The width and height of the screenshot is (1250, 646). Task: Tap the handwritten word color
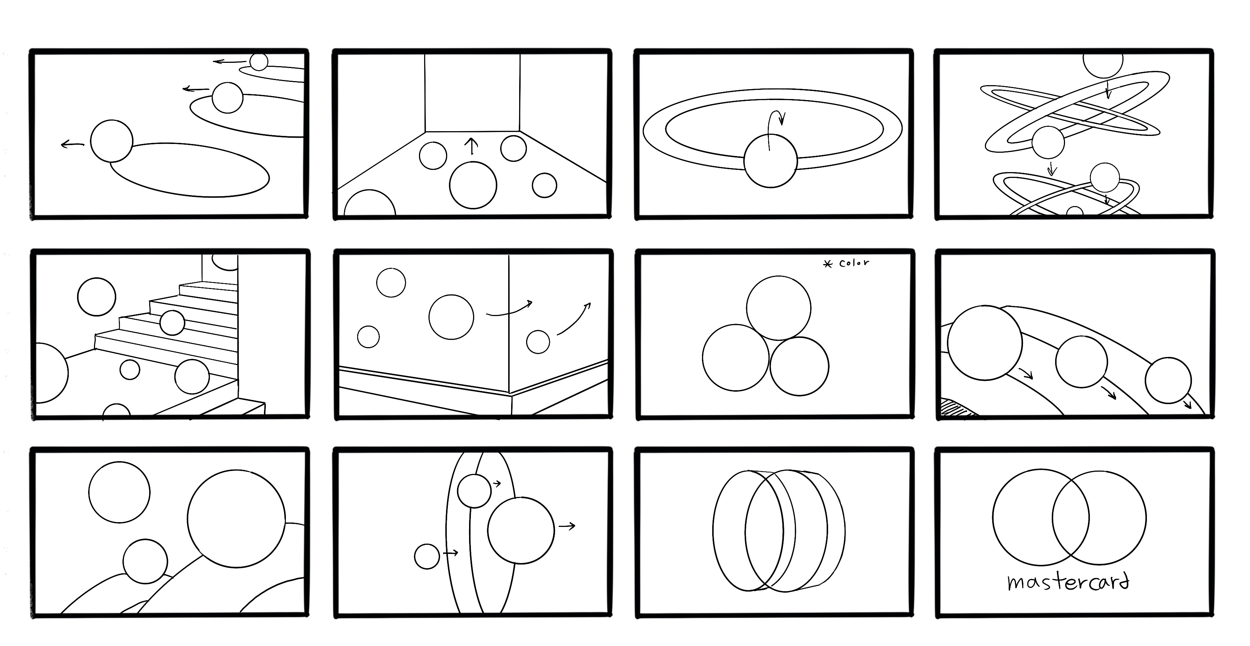[854, 263]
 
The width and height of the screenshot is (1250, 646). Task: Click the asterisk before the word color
[827, 264]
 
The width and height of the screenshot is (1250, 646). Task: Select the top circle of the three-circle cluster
[778, 308]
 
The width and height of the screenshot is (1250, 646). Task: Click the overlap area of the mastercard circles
[1070, 517]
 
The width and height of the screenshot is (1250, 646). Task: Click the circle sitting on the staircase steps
[172, 323]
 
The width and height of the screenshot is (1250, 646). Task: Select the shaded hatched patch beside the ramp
[958, 407]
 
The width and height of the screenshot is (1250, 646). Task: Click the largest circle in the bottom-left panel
[236, 518]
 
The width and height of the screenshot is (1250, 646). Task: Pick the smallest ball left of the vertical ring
[427, 556]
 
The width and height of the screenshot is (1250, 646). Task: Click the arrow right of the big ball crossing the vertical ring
[567, 526]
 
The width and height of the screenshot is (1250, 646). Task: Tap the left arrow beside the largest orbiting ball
[72, 144]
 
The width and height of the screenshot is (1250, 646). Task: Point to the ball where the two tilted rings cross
[1048, 142]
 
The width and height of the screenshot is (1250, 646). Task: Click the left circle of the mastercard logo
[1041, 517]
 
